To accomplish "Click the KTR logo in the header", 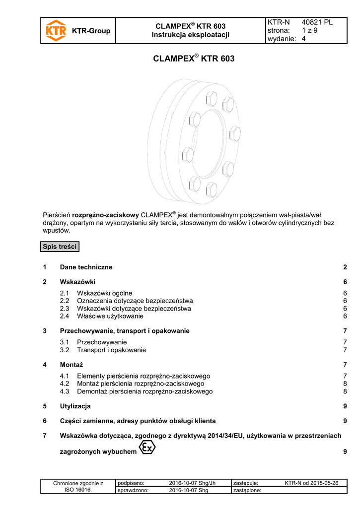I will click(x=56, y=31).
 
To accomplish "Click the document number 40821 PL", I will click(x=317, y=22).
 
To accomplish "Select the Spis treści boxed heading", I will click(x=60, y=247).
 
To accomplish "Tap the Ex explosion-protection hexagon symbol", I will click(x=147, y=447).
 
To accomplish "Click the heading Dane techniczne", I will click(x=86, y=267).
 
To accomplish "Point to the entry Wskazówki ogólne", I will click(x=104, y=293).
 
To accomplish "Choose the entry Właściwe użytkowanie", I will click(x=110, y=316).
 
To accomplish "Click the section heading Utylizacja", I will click(x=75, y=406).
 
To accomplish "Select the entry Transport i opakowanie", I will click(x=111, y=350).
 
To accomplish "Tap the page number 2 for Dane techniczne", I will click(x=345, y=267).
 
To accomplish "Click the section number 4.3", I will click(x=65, y=391).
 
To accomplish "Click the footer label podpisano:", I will click(x=131, y=483).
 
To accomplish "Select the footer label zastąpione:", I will click(x=247, y=491).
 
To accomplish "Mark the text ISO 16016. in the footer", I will click(x=78, y=490).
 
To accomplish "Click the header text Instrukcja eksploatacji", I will click(x=191, y=34).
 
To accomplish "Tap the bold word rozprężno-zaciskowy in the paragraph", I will click(x=105, y=215).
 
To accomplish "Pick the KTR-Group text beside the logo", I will click(x=91, y=31).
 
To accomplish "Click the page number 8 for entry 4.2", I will click(x=345, y=383).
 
